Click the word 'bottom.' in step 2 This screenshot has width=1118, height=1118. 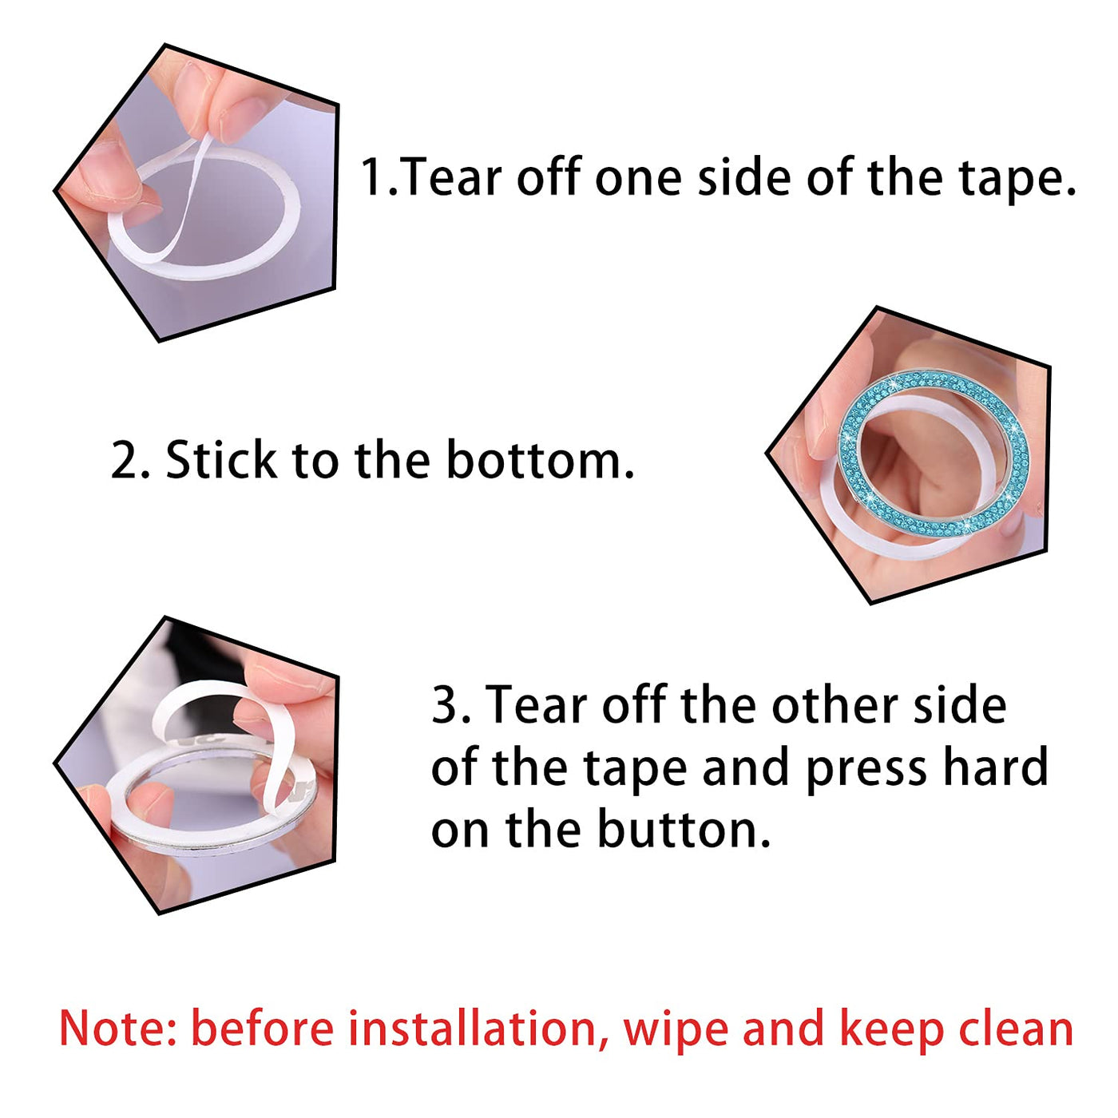(x=540, y=460)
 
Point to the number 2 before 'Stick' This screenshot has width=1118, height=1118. (x=124, y=461)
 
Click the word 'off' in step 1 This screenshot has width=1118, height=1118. (x=549, y=176)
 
